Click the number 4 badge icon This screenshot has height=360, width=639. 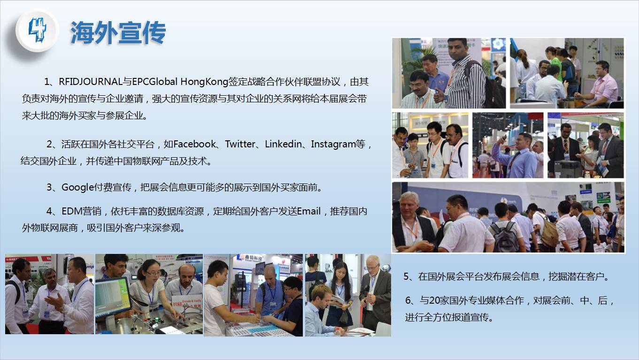37,31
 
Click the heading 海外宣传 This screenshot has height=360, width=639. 118,32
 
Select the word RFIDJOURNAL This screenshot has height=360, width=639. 91,82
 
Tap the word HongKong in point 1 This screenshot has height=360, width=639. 204,82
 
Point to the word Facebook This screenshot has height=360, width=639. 194,144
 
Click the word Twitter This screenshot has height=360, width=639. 239,144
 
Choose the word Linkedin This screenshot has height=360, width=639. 283,144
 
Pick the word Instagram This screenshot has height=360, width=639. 333,145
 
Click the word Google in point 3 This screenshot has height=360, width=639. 77,187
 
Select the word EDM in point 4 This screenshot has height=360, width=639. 72,211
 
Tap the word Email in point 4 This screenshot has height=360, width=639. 309,211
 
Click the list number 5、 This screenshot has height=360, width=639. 409,276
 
